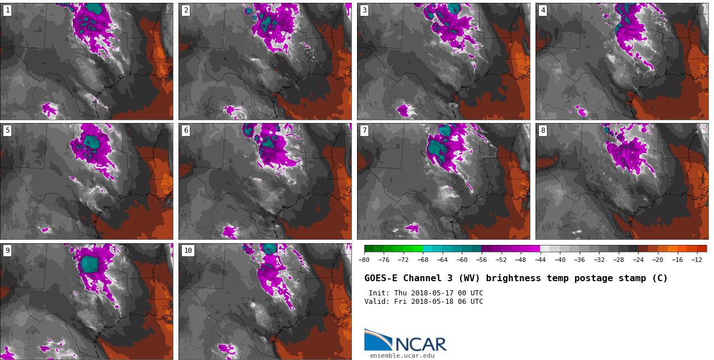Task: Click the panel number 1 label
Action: (x=7, y=10)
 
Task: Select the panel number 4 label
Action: (x=543, y=10)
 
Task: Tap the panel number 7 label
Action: (x=364, y=130)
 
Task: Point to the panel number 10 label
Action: (x=188, y=251)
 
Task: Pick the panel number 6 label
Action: (x=186, y=130)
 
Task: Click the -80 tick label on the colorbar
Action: (x=364, y=260)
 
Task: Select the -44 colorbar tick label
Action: (x=540, y=260)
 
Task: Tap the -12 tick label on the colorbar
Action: (x=696, y=260)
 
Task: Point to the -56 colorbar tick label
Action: (x=482, y=260)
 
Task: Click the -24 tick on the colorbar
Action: (x=638, y=260)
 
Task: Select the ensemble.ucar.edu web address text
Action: (x=402, y=355)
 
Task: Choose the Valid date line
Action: (x=423, y=302)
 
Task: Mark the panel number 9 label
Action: (x=7, y=251)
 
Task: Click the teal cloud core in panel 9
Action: (x=89, y=264)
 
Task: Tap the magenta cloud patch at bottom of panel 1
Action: (x=50, y=109)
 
